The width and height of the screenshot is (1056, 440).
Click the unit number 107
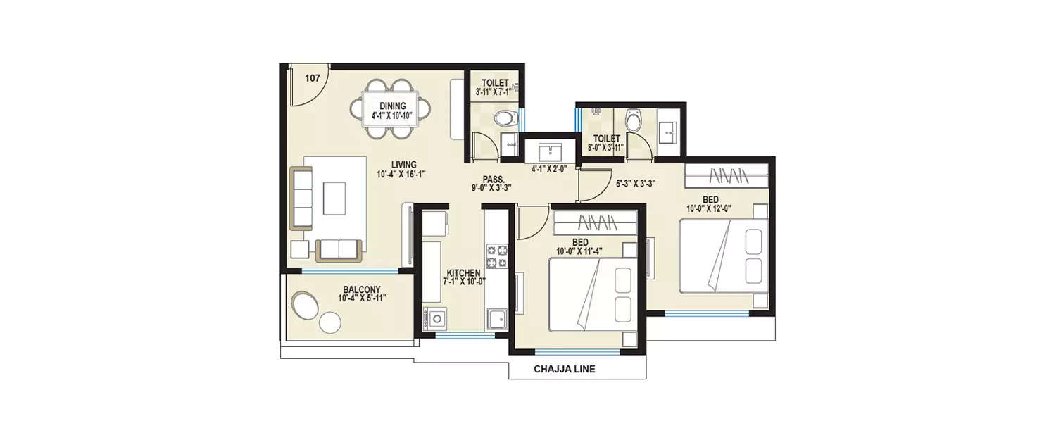[313, 78]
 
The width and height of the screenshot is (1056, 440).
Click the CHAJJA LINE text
[565, 369]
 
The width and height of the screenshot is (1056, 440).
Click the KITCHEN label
[463, 273]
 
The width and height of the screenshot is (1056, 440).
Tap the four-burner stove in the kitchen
[496, 256]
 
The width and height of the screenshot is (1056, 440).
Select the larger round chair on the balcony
[306, 306]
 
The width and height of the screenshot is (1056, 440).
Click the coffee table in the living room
[334, 198]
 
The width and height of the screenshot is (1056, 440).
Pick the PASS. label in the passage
[491, 179]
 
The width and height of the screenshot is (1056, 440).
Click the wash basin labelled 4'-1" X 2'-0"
[548, 151]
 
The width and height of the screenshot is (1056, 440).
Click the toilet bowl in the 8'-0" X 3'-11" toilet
[634, 121]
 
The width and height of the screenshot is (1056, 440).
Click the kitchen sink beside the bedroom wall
[496, 319]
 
